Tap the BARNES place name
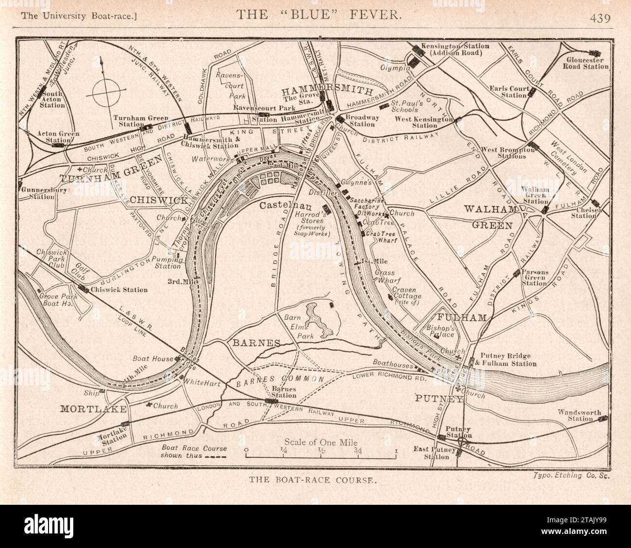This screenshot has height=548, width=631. pos(256,343)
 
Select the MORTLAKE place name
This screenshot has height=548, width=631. pos(94,409)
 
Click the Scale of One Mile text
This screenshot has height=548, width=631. pos(320,442)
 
